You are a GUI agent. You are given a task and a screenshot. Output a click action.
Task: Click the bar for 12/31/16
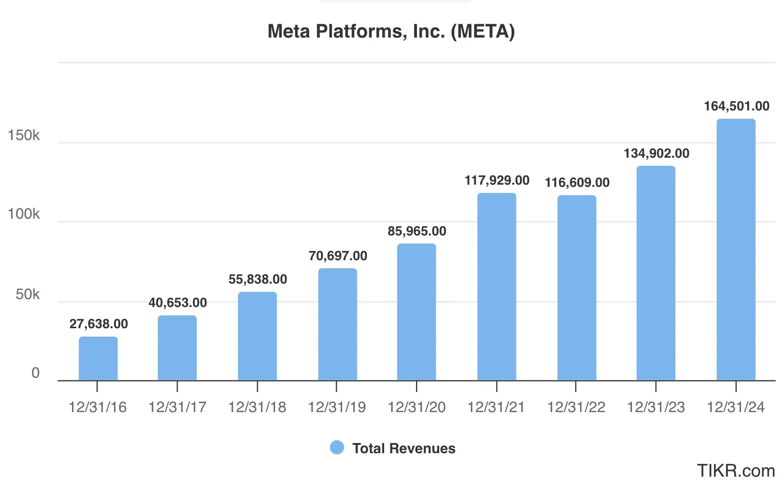click(98, 359)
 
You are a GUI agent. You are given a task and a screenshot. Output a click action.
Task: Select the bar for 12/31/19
click(337, 325)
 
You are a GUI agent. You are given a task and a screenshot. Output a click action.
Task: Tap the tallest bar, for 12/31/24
click(736, 250)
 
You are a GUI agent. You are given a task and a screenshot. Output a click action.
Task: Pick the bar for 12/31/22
click(577, 288)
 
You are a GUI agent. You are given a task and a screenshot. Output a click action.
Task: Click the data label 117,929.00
click(496, 180)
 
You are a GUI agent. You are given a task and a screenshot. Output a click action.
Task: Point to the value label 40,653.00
click(178, 303)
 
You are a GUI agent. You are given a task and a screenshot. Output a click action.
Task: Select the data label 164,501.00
click(737, 106)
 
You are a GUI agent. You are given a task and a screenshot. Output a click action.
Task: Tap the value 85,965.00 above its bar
click(416, 231)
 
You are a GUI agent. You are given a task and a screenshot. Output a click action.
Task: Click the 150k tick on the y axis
click(23, 135)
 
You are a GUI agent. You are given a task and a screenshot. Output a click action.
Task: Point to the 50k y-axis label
click(27, 294)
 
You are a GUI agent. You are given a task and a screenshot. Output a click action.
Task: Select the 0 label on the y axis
click(35, 373)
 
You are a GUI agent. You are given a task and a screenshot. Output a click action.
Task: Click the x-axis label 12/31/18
click(257, 407)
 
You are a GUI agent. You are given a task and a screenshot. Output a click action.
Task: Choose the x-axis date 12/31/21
click(496, 407)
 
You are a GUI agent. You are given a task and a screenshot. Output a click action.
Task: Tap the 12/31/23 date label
click(656, 407)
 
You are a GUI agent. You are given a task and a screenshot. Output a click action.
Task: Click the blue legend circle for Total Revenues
click(337, 447)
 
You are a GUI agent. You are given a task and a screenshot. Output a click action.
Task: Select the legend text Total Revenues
click(404, 448)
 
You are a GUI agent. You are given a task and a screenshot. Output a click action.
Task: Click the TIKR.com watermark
click(736, 471)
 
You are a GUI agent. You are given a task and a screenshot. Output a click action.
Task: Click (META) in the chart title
click(483, 31)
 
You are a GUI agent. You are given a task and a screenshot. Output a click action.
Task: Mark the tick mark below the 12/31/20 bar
click(416, 386)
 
